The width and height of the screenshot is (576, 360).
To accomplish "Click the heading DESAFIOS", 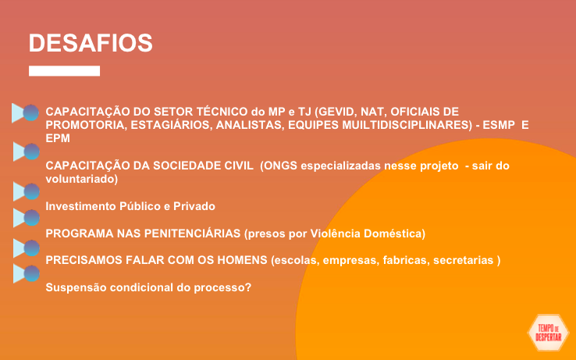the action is click(x=91, y=43).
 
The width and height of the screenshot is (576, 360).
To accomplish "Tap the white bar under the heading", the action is click(x=64, y=71).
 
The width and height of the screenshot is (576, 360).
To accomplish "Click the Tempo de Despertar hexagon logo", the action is click(x=548, y=333).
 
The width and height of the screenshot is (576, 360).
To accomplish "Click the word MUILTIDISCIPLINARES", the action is click(x=407, y=125).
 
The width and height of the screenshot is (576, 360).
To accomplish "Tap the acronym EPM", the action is click(x=58, y=138).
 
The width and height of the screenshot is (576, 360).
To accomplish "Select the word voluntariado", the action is click(x=81, y=179).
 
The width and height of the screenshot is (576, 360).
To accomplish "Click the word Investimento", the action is click(x=80, y=206).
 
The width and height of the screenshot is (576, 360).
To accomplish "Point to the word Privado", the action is click(x=194, y=206).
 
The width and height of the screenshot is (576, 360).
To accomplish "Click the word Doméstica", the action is click(x=394, y=233).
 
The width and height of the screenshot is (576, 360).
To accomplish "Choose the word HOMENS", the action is click(x=242, y=260).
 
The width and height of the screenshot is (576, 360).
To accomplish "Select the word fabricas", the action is click(x=406, y=260).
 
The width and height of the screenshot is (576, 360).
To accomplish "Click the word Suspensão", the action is click(x=76, y=287).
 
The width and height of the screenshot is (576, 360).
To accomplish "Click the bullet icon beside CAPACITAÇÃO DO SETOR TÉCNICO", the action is click(x=25, y=113).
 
